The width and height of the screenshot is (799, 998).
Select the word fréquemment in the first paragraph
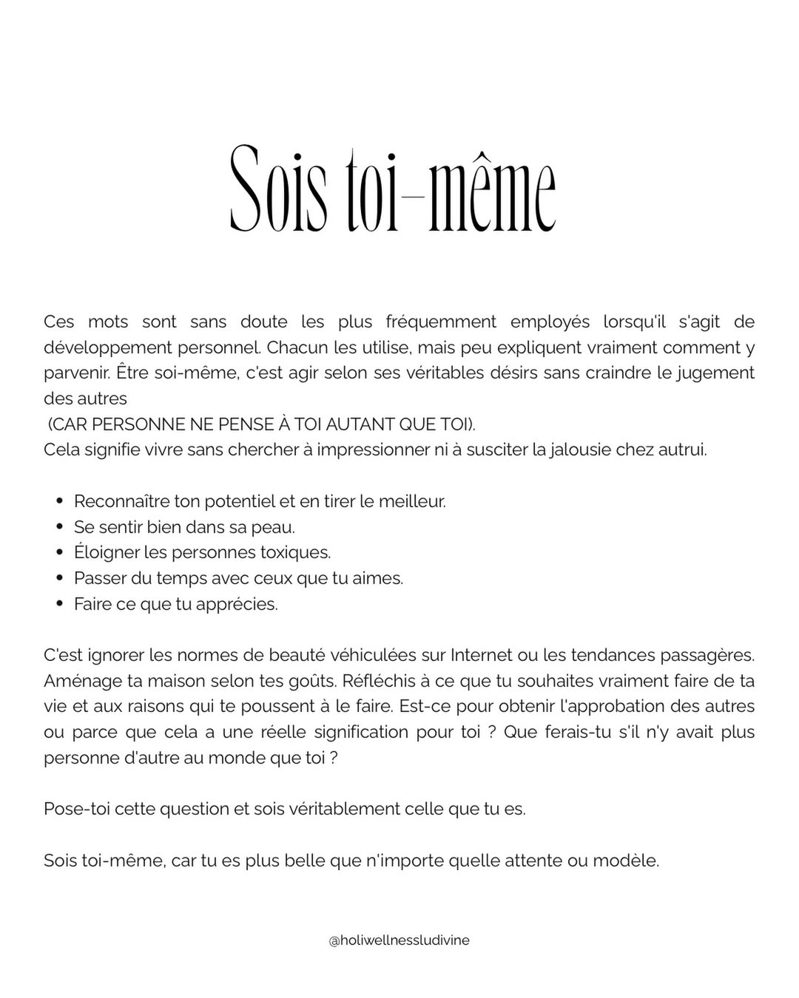(x=441, y=322)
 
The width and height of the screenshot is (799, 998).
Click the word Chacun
(x=296, y=347)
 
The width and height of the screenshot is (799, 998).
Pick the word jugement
(x=714, y=373)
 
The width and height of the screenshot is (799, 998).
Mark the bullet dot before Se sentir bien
(x=60, y=527)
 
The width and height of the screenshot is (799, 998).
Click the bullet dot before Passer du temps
(x=60, y=578)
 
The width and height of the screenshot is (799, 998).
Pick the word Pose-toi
(x=74, y=809)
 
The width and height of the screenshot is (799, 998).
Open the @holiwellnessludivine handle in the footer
(x=399, y=934)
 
